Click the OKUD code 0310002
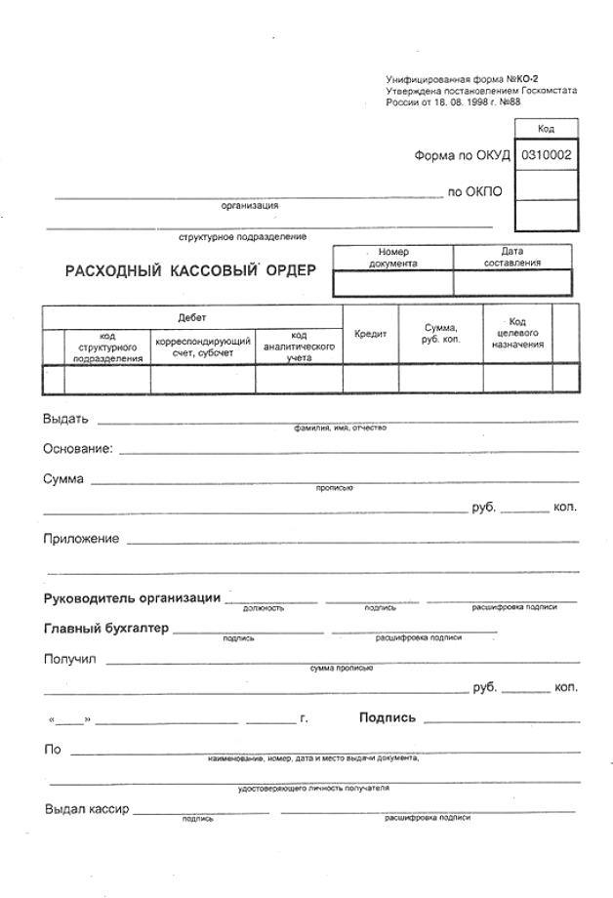(x=546, y=155)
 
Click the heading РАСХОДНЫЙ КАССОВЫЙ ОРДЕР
(x=190, y=270)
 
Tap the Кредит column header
(x=370, y=334)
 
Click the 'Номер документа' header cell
(x=393, y=258)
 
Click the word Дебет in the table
(x=192, y=318)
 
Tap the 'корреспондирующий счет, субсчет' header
(x=203, y=347)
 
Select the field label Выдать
(x=65, y=419)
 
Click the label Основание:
(x=78, y=449)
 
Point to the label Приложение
(x=81, y=539)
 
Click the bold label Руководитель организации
(x=132, y=598)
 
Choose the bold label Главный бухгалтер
(x=105, y=628)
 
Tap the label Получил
(x=69, y=659)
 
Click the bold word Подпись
(x=387, y=717)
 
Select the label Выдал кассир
(x=87, y=809)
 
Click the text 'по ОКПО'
(x=474, y=191)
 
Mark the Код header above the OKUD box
(x=546, y=129)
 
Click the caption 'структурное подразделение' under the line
(x=242, y=236)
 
